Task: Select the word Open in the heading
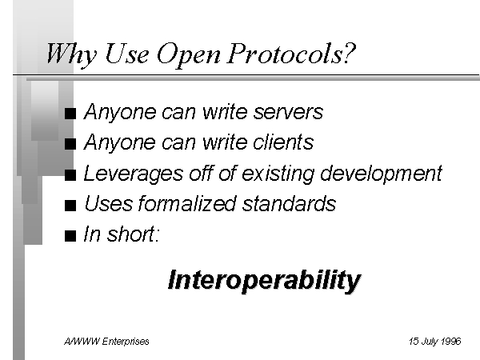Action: tap(189, 55)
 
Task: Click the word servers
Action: tap(288, 112)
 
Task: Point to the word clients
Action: tap(283, 142)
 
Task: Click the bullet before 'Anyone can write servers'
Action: tap(70, 114)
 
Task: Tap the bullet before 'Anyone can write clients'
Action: tap(70, 144)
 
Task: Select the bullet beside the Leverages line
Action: tap(70, 174)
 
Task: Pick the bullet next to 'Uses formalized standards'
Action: tap(70, 205)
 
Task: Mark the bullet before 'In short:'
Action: tap(70, 236)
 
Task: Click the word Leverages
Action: tap(134, 174)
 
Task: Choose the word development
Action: tap(381, 174)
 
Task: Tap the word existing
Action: tap(278, 174)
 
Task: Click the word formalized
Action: tap(187, 203)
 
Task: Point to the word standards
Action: tap(290, 203)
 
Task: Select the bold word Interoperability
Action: tap(265, 281)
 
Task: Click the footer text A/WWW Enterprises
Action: tap(106, 342)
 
